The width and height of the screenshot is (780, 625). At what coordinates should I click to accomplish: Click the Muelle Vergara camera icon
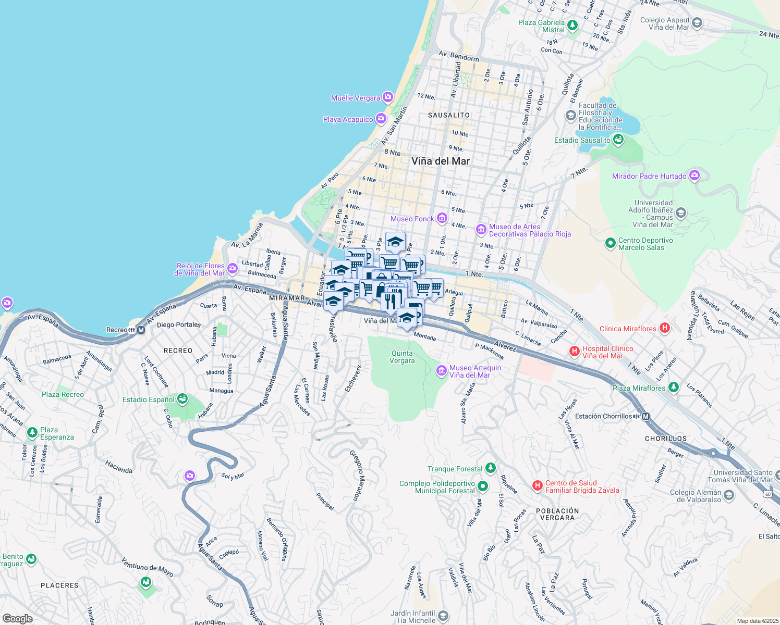point(387,97)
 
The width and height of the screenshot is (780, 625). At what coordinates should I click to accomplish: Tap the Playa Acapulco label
point(348,119)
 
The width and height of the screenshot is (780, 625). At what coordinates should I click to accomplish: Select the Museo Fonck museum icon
point(442,218)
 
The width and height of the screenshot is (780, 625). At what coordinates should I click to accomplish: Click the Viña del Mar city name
point(441,161)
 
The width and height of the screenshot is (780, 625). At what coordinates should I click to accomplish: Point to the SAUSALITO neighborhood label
point(449,115)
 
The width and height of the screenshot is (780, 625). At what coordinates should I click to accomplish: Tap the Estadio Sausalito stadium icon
point(618,140)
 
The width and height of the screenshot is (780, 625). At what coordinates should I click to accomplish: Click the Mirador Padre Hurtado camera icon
point(694,176)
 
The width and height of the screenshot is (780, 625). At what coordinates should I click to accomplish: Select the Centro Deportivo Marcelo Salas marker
point(610,243)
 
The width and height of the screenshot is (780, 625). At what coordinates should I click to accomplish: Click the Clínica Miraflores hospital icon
point(664,328)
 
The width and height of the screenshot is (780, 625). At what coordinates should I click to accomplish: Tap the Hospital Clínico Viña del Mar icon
point(575,352)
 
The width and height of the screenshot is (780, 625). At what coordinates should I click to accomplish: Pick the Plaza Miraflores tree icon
point(674,387)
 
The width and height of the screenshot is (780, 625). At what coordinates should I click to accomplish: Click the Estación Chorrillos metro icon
point(646,416)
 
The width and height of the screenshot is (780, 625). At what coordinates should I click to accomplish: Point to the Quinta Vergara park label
point(403,357)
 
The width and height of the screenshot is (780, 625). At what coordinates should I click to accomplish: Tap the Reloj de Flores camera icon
point(233,269)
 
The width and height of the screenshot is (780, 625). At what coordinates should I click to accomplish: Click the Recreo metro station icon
point(141,330)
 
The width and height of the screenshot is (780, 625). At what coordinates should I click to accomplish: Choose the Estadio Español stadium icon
point(182,399)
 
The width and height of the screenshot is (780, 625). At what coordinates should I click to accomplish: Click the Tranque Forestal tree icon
point(490,468)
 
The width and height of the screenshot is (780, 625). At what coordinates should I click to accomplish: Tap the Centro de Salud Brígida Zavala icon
point(537,486)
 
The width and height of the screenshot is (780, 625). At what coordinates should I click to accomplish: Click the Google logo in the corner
point(18,619)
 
